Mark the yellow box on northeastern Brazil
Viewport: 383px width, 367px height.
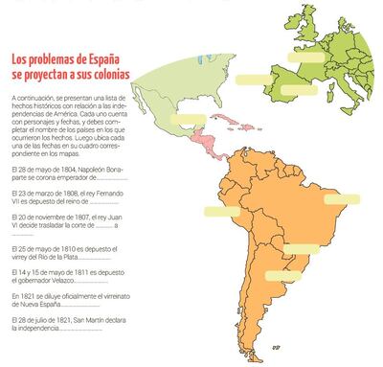coord(334,202)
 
